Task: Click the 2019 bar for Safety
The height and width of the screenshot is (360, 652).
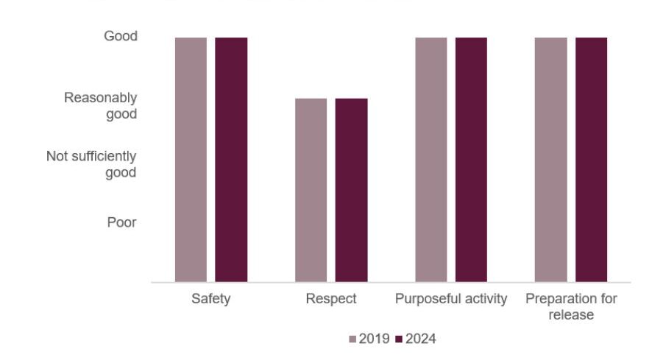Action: (x=191, y=159)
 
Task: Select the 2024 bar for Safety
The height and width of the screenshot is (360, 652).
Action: (x=231, y=159)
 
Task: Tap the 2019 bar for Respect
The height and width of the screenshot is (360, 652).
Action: (x=311, y=190)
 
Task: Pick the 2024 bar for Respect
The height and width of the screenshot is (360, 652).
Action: (x=351, y=190)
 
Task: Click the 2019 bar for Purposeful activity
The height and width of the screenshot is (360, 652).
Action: (x=430, y=159)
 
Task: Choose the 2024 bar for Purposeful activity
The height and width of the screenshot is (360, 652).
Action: (x=471, y=159)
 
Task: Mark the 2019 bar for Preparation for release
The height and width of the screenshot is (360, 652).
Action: (x=550, y=159)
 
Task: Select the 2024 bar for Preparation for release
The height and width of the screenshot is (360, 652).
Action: (x=591, y=159)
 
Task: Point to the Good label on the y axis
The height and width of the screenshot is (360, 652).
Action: (x=120, y=36)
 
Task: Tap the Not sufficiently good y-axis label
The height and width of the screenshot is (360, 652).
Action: (x=91, y=164)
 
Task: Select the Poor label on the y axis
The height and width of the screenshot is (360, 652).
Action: (x=122, y=222)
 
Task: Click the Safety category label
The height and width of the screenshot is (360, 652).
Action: (x=211, y=300)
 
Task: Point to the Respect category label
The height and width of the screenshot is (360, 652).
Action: (x=331, y=300)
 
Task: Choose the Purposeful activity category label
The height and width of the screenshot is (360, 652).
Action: (x=451, y=300)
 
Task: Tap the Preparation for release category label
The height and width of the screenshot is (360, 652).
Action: (x=571, y=307)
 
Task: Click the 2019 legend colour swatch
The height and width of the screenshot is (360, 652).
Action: (x=353, y=339)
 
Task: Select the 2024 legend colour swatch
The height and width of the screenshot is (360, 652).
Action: (x=400, y=339)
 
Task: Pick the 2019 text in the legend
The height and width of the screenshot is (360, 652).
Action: (x=374, y=339)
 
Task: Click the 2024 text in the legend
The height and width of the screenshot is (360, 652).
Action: (x=420, y=339)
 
